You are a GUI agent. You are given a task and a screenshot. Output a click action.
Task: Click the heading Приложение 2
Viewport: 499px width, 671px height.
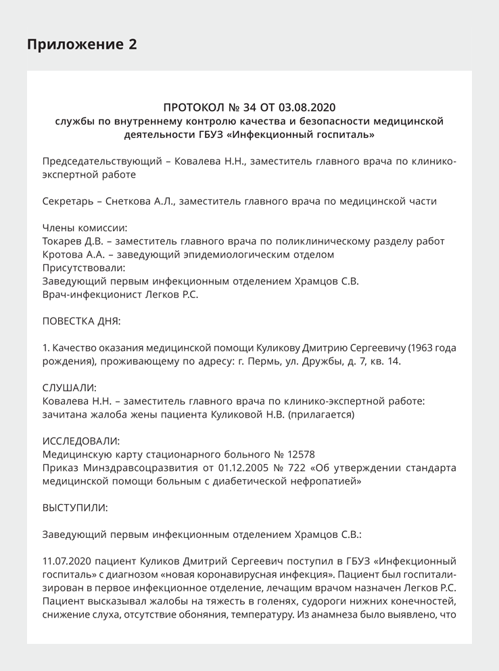point(82,45)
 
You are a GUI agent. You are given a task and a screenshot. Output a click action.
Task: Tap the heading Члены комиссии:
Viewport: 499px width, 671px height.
point(85,228)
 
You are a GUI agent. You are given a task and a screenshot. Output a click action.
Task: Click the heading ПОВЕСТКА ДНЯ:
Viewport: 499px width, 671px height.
point(81,321)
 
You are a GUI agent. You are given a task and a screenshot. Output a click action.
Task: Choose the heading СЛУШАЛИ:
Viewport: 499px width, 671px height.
point(70,388)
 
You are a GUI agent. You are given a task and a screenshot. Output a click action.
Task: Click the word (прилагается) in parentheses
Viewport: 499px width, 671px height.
point(322,414)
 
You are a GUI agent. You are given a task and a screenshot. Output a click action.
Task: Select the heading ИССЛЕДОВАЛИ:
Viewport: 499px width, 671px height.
point(81,441)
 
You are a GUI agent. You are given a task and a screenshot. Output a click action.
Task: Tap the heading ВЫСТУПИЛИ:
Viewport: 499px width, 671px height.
point(74,507)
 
